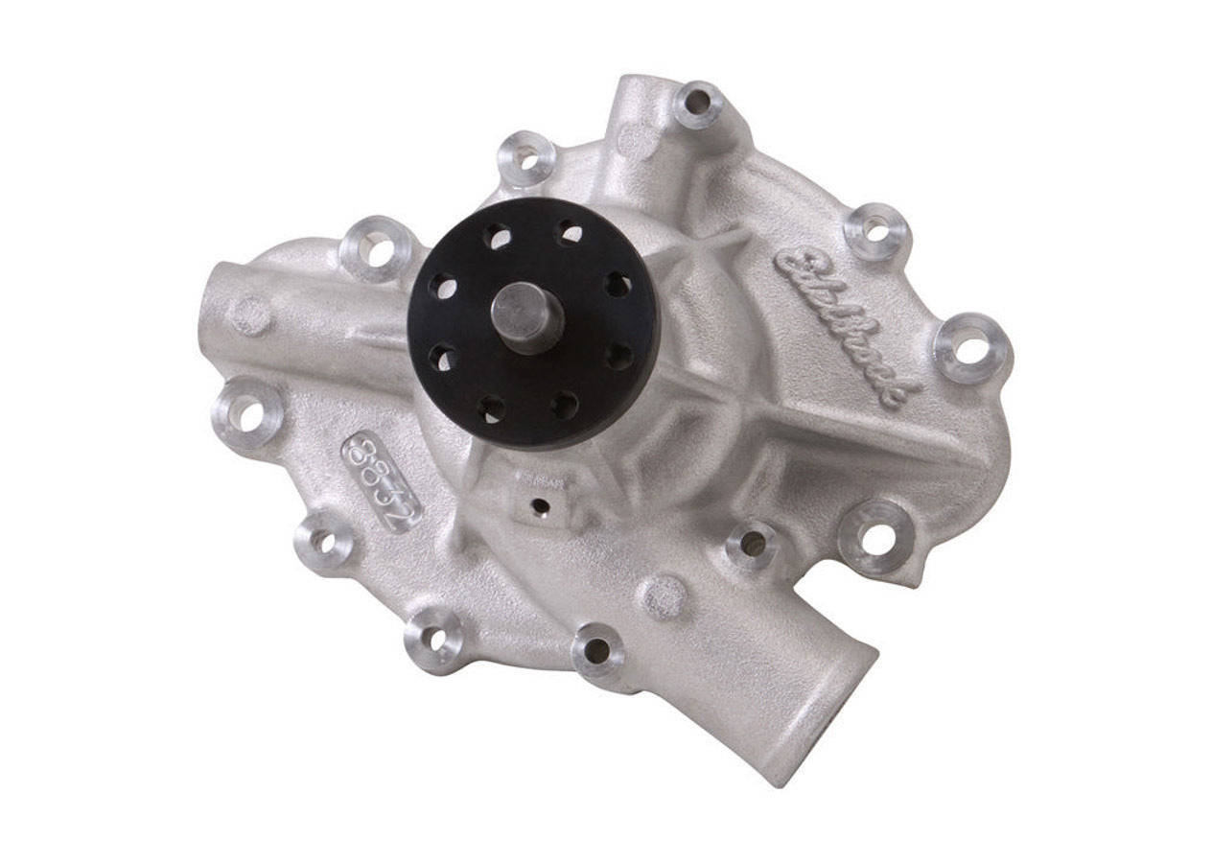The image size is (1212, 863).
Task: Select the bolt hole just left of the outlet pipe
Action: click(596, 649)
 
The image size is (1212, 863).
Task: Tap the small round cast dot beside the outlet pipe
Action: click(661, 596)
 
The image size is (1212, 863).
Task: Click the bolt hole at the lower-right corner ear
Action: click(874, 536)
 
